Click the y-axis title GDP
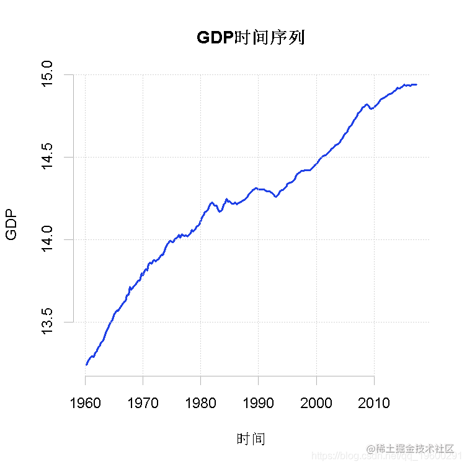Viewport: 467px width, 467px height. pos(12,225)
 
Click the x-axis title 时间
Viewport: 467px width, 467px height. pos(251,439)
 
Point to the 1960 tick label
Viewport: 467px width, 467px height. pos(85,403)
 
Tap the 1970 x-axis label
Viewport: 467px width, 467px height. pos(143,403)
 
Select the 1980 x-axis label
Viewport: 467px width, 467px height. pos(200,403)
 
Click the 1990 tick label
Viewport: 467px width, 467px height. pos(258,403)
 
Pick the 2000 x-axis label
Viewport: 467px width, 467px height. pos(316,403)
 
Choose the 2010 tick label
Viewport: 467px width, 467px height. pos(374,403)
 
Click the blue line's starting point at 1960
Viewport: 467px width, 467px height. pos(86,365)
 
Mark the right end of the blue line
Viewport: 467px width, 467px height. pos(416,84)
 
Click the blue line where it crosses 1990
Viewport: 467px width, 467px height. pos(258,188)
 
